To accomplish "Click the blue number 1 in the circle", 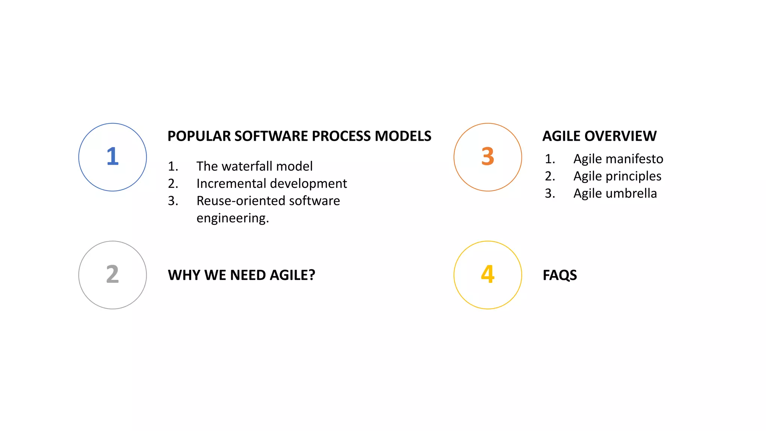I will coord(113,156).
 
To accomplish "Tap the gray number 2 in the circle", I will coord(113,274).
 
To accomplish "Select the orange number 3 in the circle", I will coord(487,156).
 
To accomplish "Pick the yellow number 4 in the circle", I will coord(487,274).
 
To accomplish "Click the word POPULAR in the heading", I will coord(199,136).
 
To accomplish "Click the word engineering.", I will coord(232,218).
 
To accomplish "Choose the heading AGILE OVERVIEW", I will coord(599,136).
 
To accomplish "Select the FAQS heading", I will coord(560,275).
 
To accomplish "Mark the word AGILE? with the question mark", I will coord(292,275).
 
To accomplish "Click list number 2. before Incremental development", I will coord(173,184).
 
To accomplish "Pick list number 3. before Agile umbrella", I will coord(549,193).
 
